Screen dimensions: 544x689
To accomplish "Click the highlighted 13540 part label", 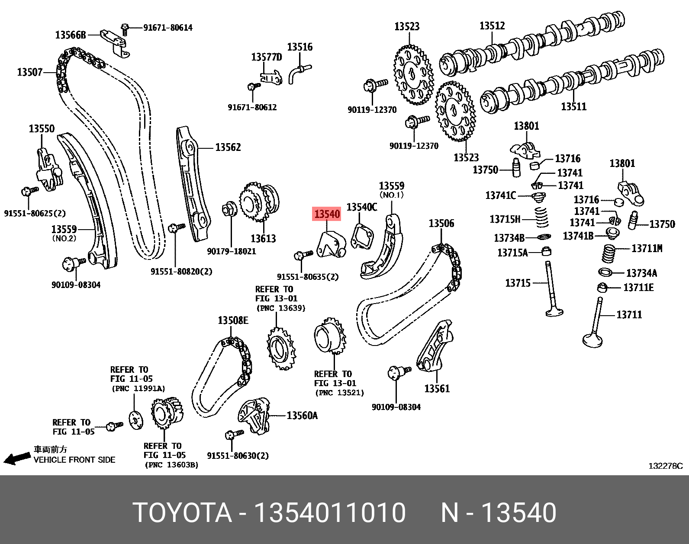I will tap(327, 214).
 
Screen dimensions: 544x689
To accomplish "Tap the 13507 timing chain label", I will tap(29, 72).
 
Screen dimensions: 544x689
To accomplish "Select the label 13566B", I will tap(71, 35).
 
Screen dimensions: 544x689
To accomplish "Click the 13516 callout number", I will tap(299, 47).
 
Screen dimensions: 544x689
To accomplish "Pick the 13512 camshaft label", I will tap(492, 26).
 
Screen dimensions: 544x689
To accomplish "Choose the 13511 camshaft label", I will tap(573, 106).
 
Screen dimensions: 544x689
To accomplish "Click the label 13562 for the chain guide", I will tap(228, 147).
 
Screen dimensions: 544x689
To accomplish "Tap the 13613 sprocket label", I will tap(263, 238).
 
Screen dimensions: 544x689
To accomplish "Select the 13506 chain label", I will tap(441, 224).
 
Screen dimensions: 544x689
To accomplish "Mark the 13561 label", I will tap(437, 389).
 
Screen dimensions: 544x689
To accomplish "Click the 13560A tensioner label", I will tap(302, 416).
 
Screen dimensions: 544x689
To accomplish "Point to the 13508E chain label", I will tap(233, 320).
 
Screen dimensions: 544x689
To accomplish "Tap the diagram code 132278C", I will tap(665, 466).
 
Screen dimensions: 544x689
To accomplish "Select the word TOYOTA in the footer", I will tap(182, 513).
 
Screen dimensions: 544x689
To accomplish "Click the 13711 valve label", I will tap(629, 315).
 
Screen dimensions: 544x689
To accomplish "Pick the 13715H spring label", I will tap(505, 219).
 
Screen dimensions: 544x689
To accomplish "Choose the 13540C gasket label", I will tap(361, 208).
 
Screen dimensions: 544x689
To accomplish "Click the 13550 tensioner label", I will tap(42, 129).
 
